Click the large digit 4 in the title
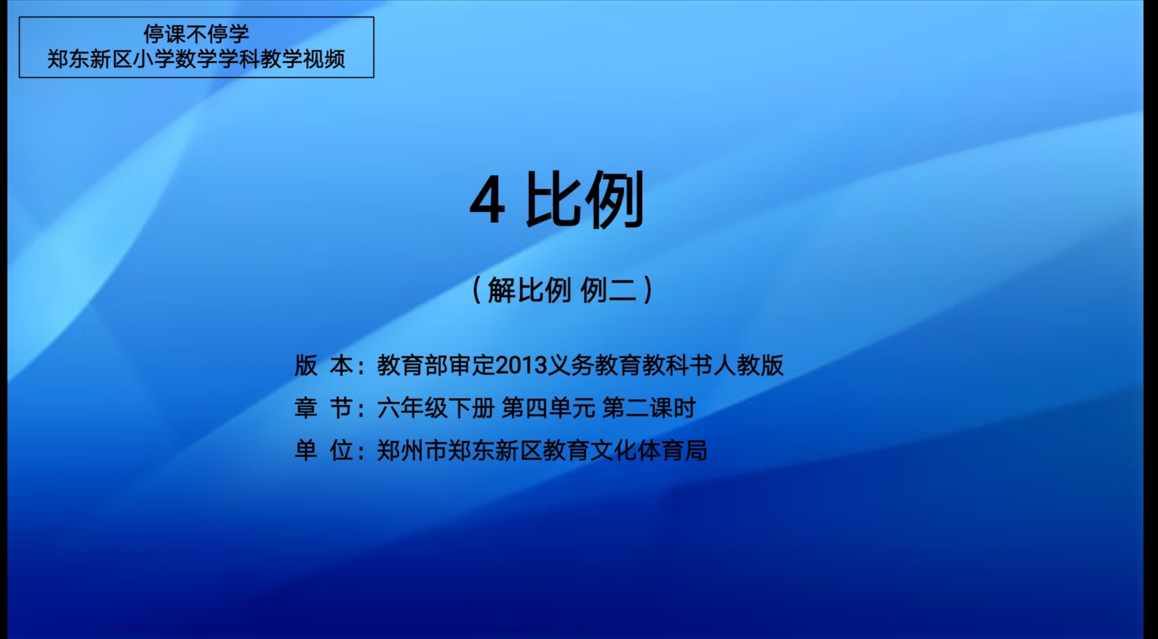click(x=488, y=201)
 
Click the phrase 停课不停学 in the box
click(x=196, y=34)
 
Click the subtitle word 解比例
click(x=530, y=290)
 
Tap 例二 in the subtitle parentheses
click(x=608, y=290)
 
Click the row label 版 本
click(x=324, y=365)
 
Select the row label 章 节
click(x=324, y=408)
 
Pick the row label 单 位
click(x=324, y=450)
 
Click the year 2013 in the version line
click(x=521, y=366)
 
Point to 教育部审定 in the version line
click(x=436, y=365)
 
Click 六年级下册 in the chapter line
click(x=436, y=408)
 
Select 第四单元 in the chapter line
click(x=549, y=408)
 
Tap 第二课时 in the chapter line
click(x=649, y=408)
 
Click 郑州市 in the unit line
click(x=412, y=450)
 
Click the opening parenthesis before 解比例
click(x=477, y=290)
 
